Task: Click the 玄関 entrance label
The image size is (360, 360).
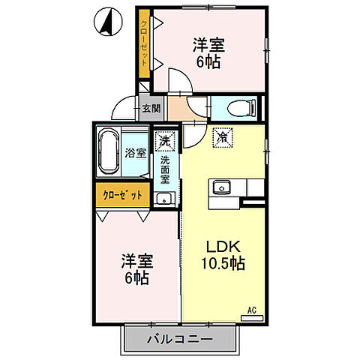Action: pos(151,109)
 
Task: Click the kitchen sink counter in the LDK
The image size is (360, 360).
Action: pos(223,187)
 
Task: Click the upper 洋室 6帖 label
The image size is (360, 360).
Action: pos(208,53)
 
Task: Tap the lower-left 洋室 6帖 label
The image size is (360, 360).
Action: pos(138,270)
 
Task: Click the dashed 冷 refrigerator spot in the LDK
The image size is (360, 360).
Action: pos(221,136)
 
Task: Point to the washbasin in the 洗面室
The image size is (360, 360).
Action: pos(163,199)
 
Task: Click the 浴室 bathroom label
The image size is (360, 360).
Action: pos(135,153)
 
